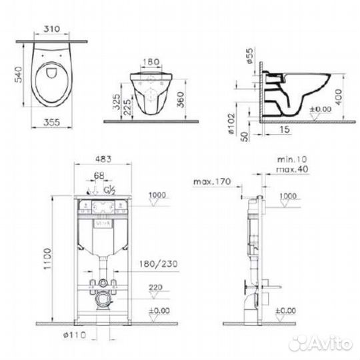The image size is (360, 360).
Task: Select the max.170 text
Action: pos(208,181)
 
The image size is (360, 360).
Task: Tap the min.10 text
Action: pos(291,161)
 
